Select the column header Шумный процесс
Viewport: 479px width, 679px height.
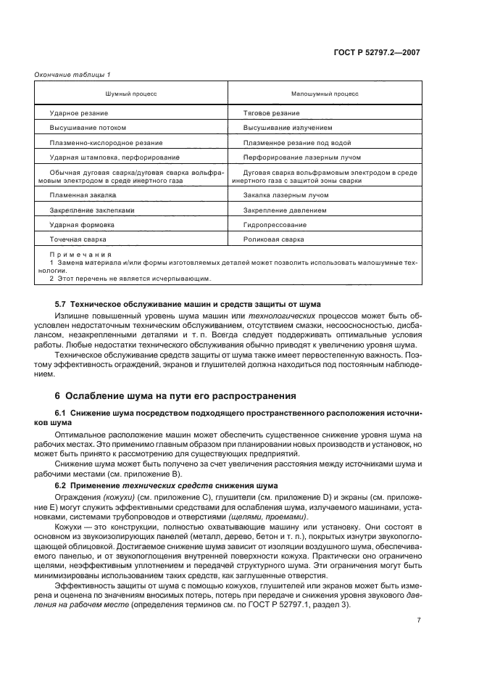[131, 94]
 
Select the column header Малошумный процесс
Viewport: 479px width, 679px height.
[325, 94]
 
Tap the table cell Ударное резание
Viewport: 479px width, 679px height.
[79, 113]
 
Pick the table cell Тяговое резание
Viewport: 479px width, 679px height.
[272, 113]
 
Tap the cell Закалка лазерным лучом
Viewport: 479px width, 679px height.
[282, 195]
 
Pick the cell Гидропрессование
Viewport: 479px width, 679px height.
[275, 225]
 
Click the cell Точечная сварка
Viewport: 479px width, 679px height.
[78, 239]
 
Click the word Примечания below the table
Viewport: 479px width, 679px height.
[80, 255]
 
